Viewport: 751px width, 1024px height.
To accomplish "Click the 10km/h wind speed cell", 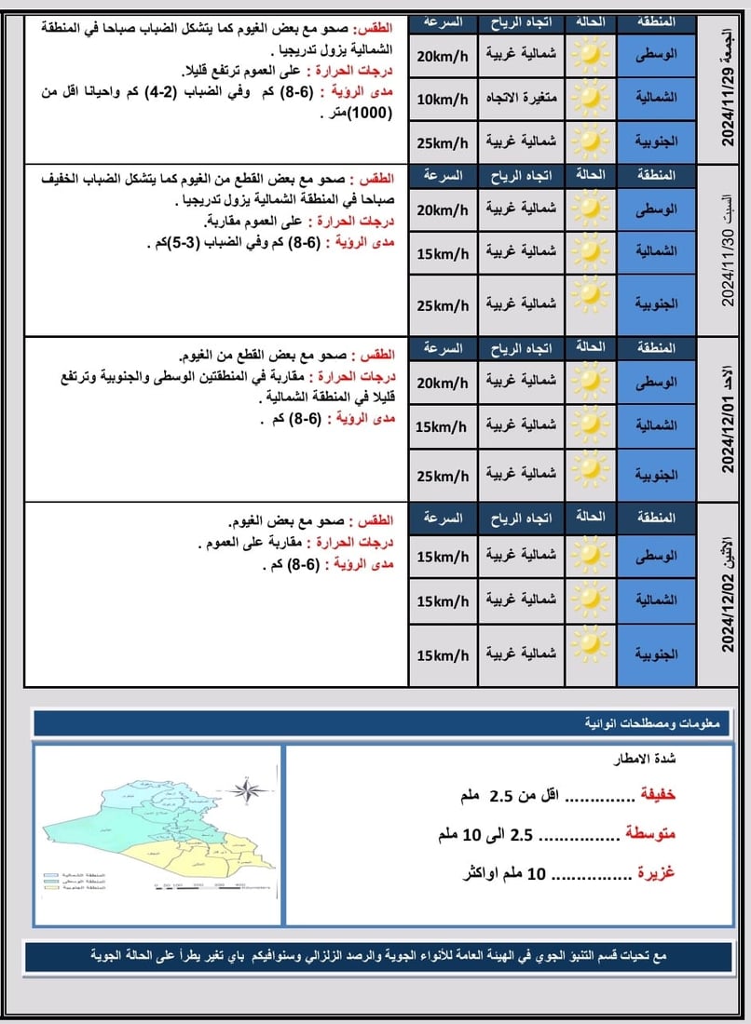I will coord(443,99).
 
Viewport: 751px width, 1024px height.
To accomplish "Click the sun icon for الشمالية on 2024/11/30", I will coord(590,251).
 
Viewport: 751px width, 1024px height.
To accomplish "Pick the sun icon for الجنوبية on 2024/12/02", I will coord(590,644).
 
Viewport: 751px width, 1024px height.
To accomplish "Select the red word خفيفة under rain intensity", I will coord(656,797).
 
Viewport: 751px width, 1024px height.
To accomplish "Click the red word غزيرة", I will coord(656,873).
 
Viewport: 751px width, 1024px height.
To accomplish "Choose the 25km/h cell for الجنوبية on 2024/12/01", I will coord(443,476).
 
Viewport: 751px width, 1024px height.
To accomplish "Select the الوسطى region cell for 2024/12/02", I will coord(656,556).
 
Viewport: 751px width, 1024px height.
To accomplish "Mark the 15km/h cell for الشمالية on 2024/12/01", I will coord(443,426).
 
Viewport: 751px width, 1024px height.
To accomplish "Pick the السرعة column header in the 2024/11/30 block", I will coord(443,174).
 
